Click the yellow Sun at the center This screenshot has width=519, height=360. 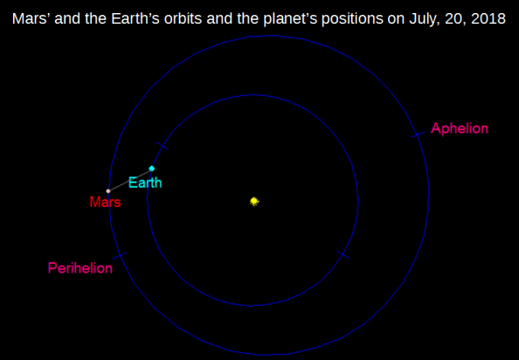[x=254, y=202]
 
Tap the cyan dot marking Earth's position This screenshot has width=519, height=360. [x=152, y=169]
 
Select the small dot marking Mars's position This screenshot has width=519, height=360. [x=108, y=190]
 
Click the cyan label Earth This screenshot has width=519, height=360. [x=145, y=183]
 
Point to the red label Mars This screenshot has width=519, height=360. [x=105, y=202]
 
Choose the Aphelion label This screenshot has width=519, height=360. [x=460, y=128]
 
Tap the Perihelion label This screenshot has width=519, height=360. [x=80, y=268]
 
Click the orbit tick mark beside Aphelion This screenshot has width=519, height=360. [x=417, y=135]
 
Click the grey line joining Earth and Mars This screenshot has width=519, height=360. [x=130, y=180]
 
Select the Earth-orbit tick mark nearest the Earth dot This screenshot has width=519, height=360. [x=161, y=145]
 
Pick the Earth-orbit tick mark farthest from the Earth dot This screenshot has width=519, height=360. [x=343, y=256]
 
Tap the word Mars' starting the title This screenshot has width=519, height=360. [x=30, y=18]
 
